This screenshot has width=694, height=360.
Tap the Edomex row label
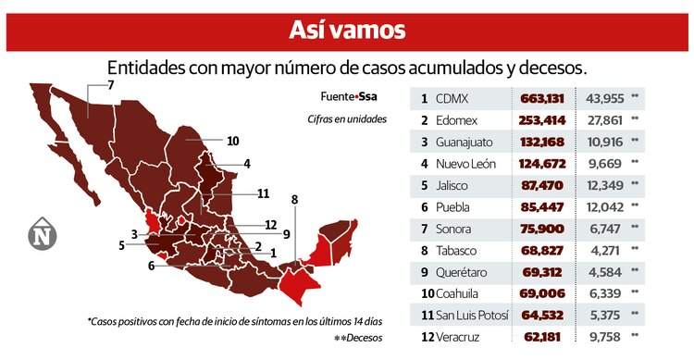tap(459, 120)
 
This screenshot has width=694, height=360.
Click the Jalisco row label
tap(455, 186)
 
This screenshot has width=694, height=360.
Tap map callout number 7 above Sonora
tap(110, 85)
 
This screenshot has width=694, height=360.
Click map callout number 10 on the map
tap(233, 141)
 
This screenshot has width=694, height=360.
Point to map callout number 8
tap(294, 199)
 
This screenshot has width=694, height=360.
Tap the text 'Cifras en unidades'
tap(347, 119)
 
